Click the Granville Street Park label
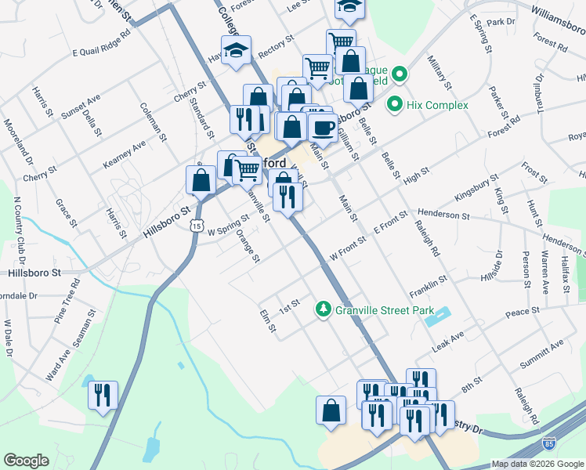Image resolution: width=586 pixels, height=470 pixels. (385, 310)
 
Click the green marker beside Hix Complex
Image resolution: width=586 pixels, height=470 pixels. (395, 104)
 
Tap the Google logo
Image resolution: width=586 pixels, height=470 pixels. (26, 461)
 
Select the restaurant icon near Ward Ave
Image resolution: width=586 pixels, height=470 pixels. (103, 395)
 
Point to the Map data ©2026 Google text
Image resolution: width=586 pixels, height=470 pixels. (537, 464)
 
